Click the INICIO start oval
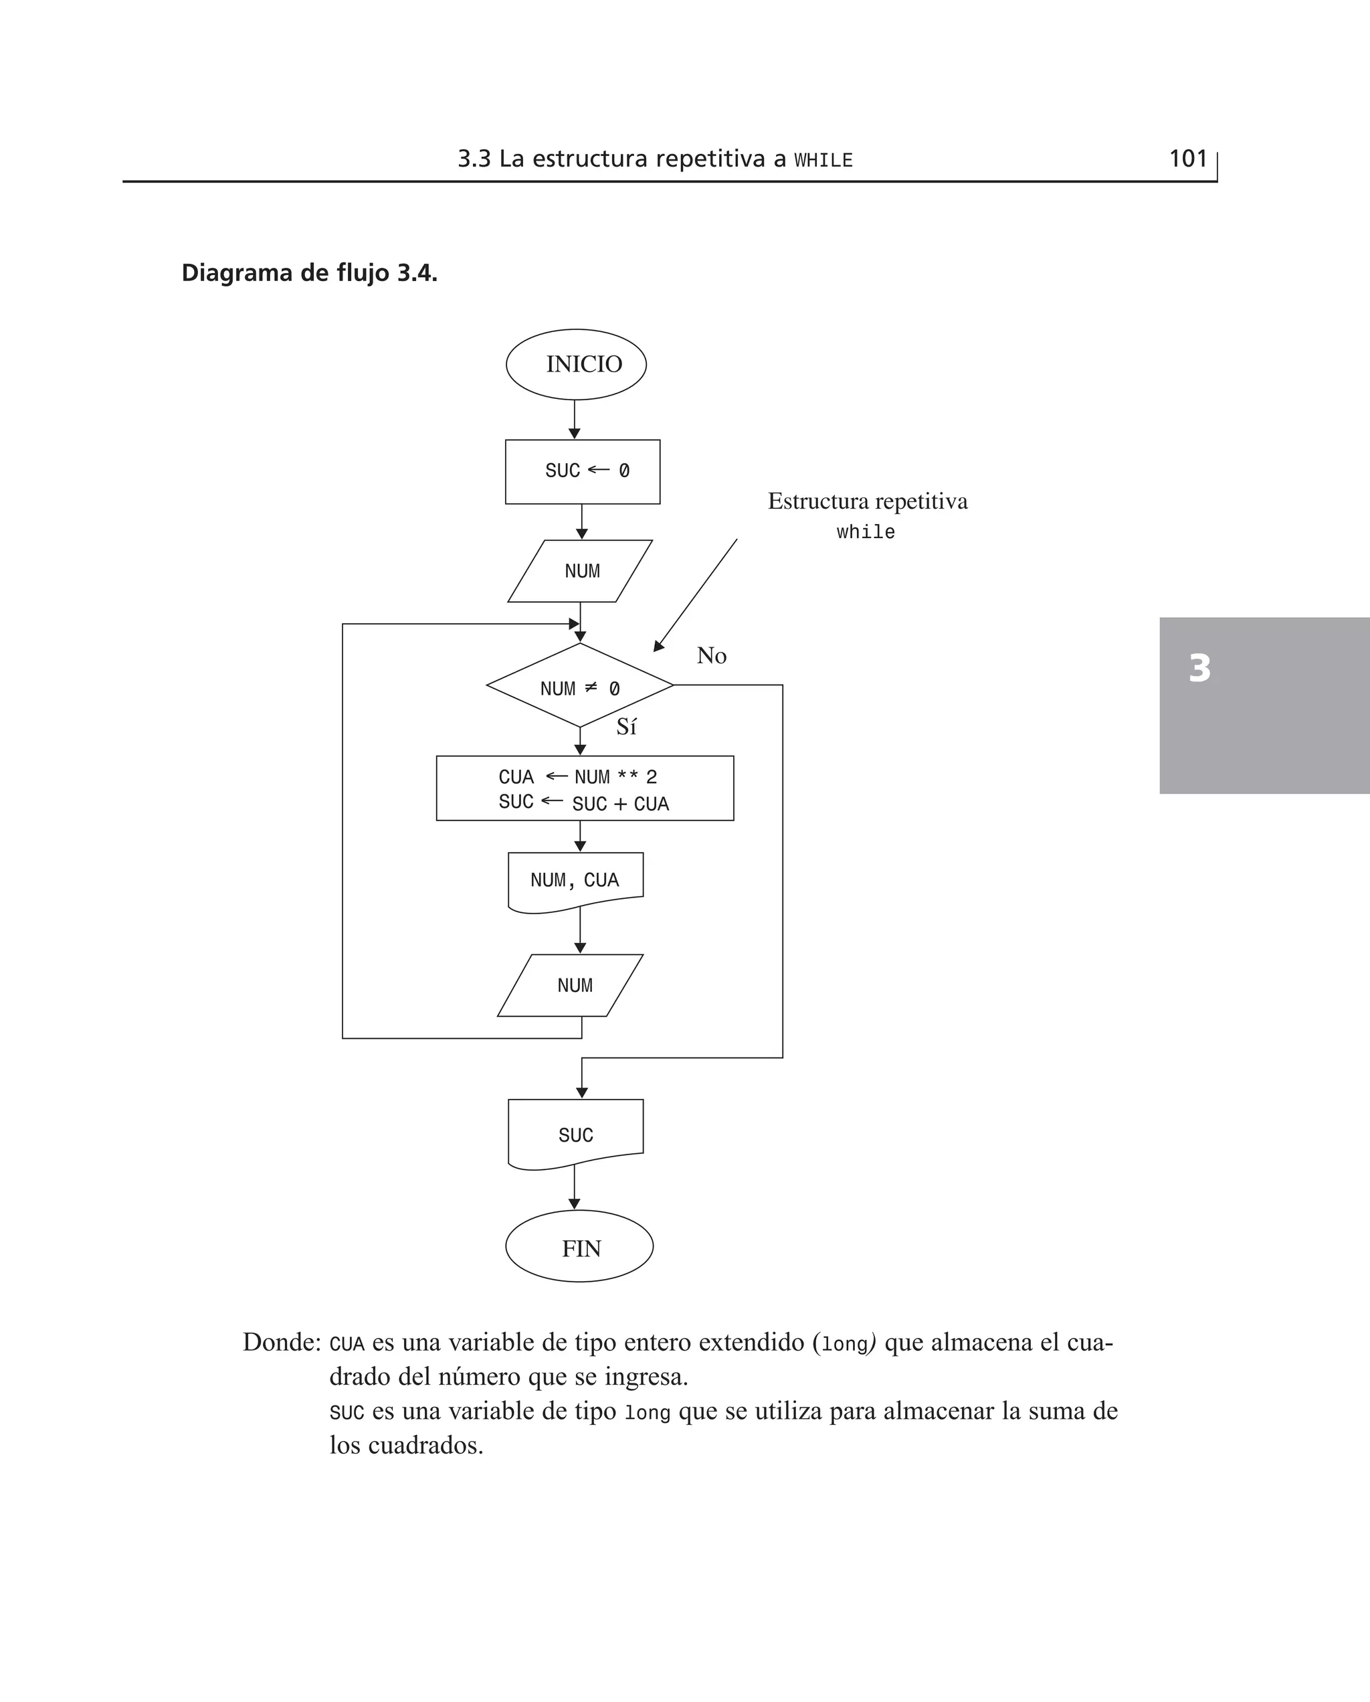click(x=576, y=365)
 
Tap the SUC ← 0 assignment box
click(x=583, y=471)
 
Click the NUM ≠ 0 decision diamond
click(x=580, y=686)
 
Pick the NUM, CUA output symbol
click(x=575, y=881)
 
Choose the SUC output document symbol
click(x=575, y=1133)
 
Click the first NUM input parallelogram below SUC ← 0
click(x=581, y=571)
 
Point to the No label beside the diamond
click(x=711, y=655)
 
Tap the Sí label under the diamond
click(x=626, y=727)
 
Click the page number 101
click(x=1187, y=159)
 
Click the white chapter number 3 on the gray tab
click(x=1199, y=668)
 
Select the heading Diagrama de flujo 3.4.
click(x=309, y=273)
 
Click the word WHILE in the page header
click(x=823, y=160)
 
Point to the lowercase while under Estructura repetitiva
click(x=866, y=532)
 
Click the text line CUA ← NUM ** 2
click(x=578, y=777)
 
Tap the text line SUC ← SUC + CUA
click(x=583, y=803)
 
